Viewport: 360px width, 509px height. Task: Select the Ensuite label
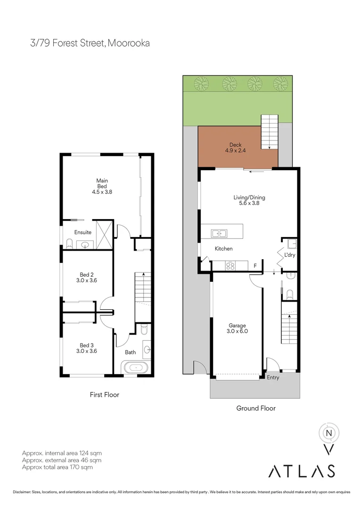coord(83,232)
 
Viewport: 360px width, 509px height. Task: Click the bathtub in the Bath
coord(136,367)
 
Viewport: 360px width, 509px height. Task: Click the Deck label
coord(235,145)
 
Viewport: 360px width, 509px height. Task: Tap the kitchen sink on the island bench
coord(219,233)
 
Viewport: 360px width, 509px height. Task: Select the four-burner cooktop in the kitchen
coord(230,266)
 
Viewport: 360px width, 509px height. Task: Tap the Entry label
coord(273,377)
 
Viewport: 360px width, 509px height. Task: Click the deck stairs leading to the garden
coord(270,131)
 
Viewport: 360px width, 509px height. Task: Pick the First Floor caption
coord(105,394)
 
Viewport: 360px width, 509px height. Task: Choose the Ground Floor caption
coord(256,408)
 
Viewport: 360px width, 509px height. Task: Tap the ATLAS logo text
coord(302,470)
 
